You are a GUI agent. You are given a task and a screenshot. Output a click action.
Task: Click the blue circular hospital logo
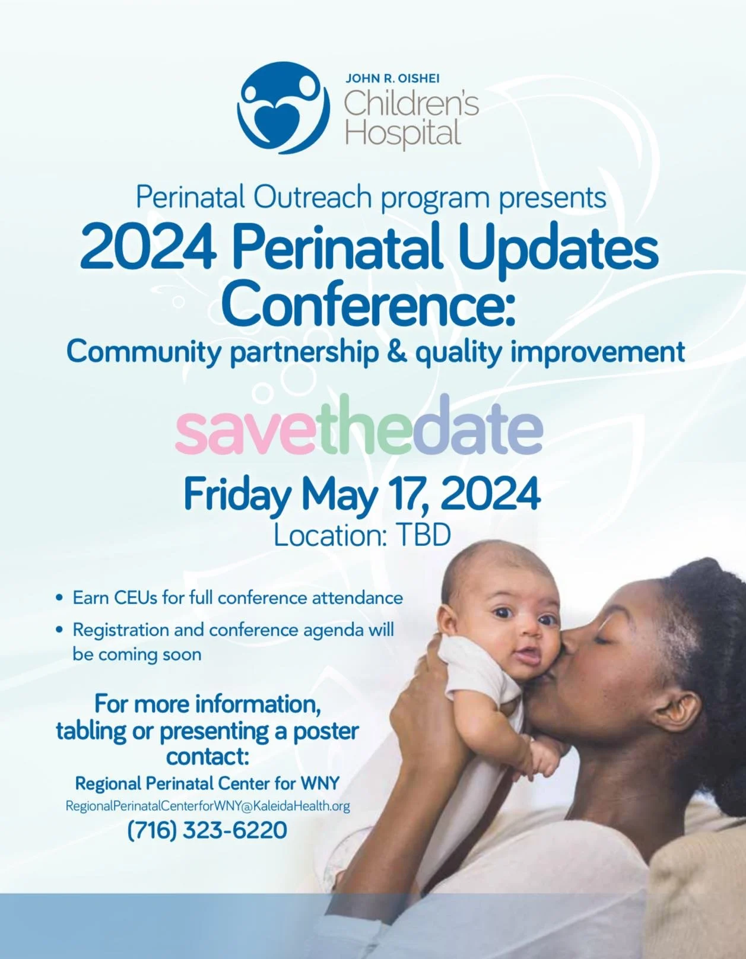point(283,107)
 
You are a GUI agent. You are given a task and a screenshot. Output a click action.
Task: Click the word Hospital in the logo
point(403,132)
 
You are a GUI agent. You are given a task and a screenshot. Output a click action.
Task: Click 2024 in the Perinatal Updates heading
point(148,247)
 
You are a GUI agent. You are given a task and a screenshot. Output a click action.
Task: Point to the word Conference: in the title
point(368,302)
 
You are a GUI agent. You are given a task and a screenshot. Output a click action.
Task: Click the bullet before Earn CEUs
point(59,598)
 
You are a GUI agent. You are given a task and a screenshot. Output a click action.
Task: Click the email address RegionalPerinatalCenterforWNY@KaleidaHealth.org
point(208,806)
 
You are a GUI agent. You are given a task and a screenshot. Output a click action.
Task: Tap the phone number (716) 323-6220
point(207,830)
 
